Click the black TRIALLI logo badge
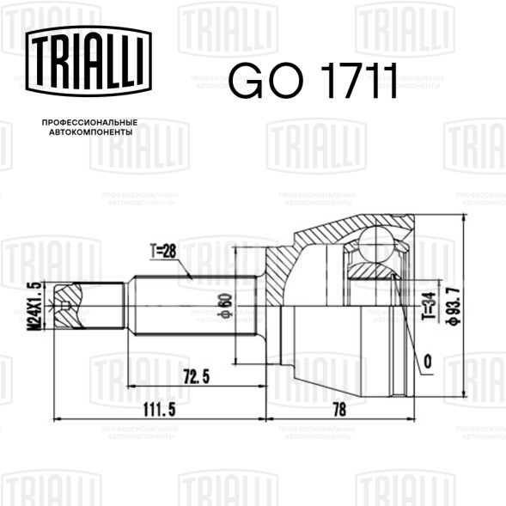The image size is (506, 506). coord(88,61)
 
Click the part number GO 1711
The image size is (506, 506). coord(313,81)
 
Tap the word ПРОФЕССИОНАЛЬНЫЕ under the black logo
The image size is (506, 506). coord(89,122)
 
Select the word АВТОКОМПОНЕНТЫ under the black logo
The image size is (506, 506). coord(91,132)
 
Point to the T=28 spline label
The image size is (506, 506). coord(163,251)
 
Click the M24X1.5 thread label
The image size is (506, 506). coord(34,306)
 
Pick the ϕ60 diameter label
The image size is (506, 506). coord(226,305)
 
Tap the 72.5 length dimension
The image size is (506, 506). coord(196,376)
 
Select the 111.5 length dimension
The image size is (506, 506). coord(160,410)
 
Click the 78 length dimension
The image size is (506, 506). coord(339,410)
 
